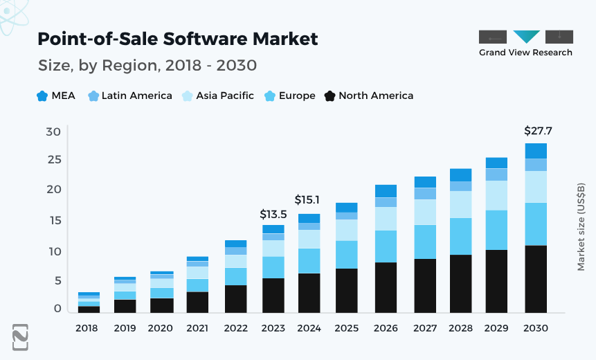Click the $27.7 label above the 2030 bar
538,131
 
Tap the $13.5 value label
273,215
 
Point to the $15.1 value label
309,200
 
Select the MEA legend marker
42,96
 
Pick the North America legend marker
330,96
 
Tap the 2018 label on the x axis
88,328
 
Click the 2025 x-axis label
346,328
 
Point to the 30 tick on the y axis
54,132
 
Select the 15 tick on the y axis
54,221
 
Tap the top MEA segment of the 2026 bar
386,191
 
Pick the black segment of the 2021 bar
197,302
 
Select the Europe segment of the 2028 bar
460,236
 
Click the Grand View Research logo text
525,53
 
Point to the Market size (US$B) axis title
581,227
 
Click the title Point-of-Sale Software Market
178,39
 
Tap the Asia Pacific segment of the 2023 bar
273,249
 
